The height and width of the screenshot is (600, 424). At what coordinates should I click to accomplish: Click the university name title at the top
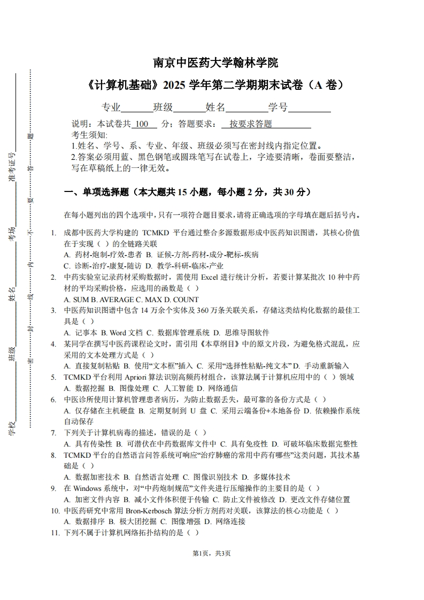(x=215, y=63)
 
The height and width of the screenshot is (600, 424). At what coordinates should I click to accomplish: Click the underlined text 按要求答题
(x=251, y=124)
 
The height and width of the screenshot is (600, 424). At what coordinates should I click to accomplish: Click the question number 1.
(x=53, y=233)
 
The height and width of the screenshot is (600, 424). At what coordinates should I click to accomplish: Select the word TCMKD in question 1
(x=155, y=233)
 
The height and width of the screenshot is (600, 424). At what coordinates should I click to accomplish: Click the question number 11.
(x=54, y=533)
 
